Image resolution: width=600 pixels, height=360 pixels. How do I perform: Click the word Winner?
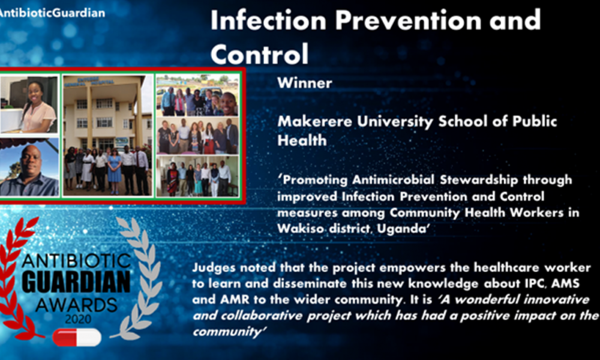click(305, 83)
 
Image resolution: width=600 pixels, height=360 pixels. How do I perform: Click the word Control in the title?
click(259, 54)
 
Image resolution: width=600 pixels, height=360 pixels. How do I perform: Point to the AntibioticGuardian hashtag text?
click(52, 13)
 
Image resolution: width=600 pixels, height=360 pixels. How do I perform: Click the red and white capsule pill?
click(77, 337)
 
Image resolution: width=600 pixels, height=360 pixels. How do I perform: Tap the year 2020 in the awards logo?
click(77, 319)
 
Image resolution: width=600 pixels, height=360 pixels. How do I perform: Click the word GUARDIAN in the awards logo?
click(76, 282)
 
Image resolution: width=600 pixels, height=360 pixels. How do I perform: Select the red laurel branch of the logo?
click(19, 279)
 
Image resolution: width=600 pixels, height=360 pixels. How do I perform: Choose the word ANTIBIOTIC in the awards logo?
click(76, 261)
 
